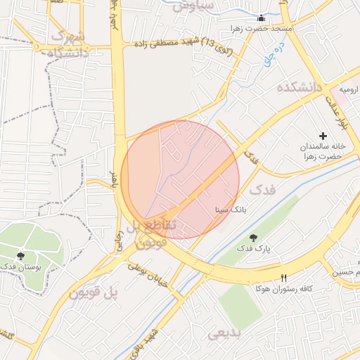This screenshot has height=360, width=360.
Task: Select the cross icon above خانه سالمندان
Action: point(323,135)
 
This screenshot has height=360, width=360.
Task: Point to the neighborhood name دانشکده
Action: point(299,87)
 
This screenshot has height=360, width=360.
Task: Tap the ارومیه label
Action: point(349,90)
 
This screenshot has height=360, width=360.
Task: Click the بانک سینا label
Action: point(230,210)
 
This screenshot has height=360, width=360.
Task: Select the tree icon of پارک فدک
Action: point(253,237)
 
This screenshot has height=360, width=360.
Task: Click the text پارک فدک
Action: point(253,248)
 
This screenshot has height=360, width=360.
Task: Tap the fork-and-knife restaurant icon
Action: point(284,278)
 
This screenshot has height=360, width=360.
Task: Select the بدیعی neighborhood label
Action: point(224,332)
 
